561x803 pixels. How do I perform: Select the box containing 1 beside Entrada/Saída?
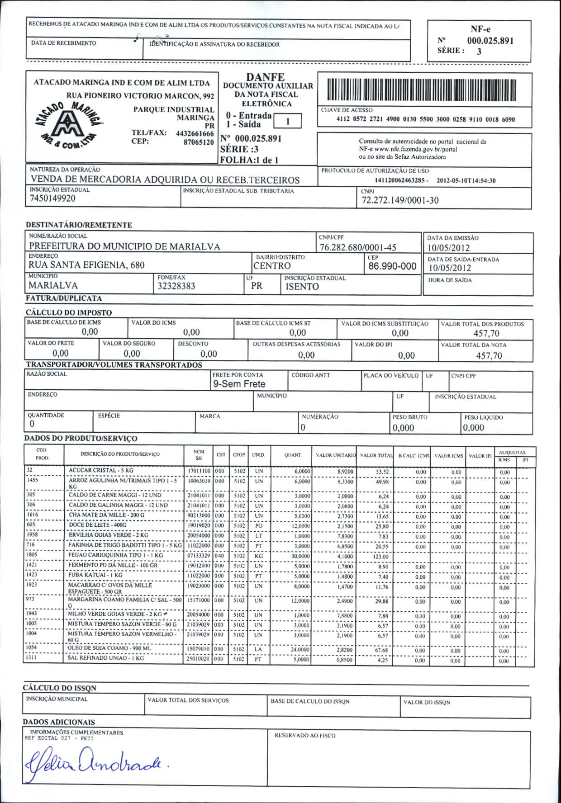coord(287,121)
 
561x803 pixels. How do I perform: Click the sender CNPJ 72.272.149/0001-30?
coord(400,200)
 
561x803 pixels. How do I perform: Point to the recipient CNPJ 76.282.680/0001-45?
coord(358,247)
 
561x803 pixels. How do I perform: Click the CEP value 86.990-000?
coord(392,266)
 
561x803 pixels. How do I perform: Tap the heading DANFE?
coord(266,77)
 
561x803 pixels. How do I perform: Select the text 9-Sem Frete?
coord(239,384)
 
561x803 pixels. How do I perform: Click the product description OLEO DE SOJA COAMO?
coord(110,648)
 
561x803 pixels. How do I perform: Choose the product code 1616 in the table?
coord(32,515)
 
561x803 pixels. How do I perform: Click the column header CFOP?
coord(239,455)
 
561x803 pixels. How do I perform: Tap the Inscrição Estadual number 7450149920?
coord(53,198)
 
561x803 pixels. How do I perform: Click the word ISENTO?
coord(302,287)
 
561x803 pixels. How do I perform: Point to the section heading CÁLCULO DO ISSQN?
coord(60,688)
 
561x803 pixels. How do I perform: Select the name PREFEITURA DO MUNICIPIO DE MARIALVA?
coord(125,246)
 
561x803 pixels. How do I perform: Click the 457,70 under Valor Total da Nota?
coord(489,356)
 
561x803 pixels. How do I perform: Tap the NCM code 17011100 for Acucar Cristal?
coord(199,471)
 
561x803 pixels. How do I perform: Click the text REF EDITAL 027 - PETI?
coord(59,738)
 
